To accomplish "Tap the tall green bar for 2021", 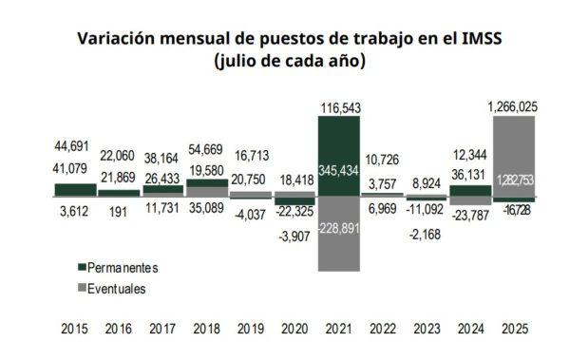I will pyautogui.click(x=338, y=157).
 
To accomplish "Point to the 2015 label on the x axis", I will pyautogui.click(x=75, y=329).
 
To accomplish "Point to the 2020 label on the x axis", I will pyautogui.click(x=294, y=329).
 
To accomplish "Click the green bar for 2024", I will pyautogui.click(x=471, y=190).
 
